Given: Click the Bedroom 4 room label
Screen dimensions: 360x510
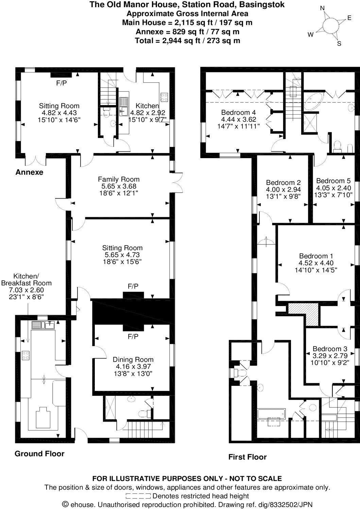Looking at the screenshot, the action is click(238, 113).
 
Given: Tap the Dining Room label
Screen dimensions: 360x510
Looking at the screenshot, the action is click(133, 359).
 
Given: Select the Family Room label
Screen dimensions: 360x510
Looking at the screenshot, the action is click(119, 179).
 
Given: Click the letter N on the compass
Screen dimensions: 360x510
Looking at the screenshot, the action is click(322, 8).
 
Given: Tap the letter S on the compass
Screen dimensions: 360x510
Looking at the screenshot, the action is click(339, 44).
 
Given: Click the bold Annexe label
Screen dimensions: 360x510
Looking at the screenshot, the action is click(29, 172).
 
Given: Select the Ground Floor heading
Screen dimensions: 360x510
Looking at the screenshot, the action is click(39, 454).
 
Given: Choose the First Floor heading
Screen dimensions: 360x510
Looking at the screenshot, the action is click(247, 457).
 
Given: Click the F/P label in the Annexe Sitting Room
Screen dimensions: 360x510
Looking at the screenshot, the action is click(62, 83).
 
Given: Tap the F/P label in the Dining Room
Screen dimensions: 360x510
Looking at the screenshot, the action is click(133, 337).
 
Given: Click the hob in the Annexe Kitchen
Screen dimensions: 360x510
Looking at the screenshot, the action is click(164, 97).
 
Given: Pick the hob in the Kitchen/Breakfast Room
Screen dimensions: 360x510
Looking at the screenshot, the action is click(26, 355).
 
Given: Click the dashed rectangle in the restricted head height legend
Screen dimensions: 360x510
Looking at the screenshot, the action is click(138, 496).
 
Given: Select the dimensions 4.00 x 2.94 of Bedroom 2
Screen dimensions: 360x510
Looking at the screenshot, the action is click(284, 189).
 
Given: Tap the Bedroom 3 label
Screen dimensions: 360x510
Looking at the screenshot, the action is click(330, 349).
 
